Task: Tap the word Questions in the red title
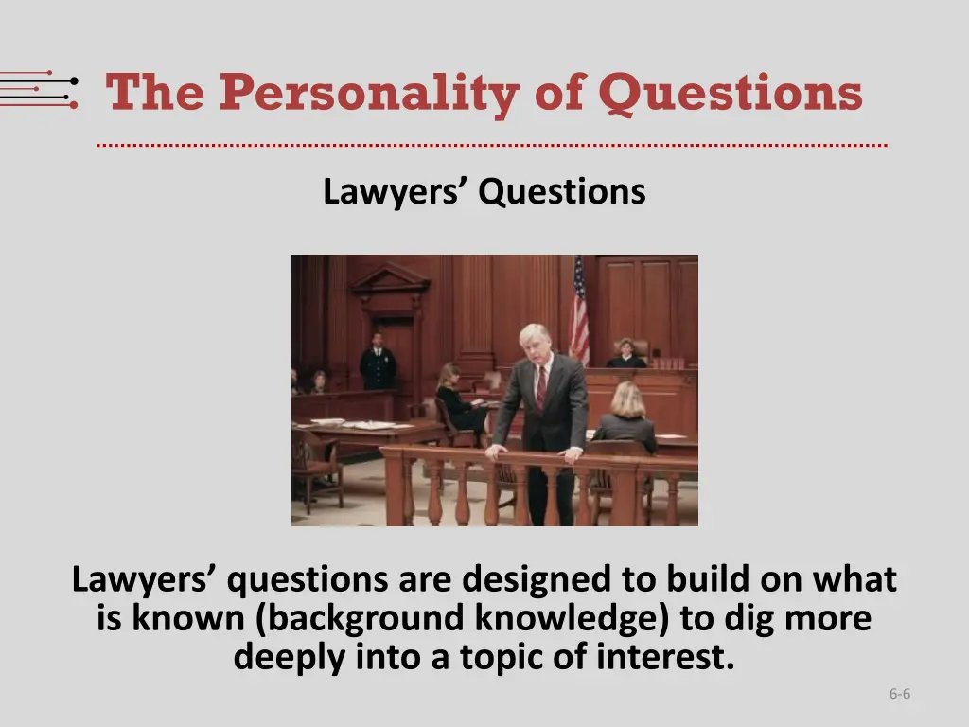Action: (x=730, y=95)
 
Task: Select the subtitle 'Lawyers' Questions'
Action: (x=484, y=192)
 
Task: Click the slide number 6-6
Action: (x=899, y=694)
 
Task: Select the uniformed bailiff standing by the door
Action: (x=378, y=363)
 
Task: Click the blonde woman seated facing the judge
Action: (x=626, y=417)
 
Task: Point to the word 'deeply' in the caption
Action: (x=290, y=656)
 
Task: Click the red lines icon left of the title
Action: (x=39, y=90)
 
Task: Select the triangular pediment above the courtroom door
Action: (x=390, y=277)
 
